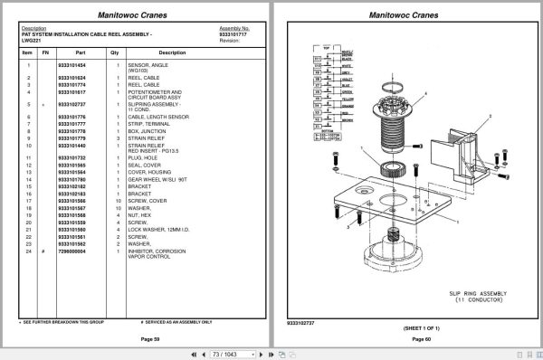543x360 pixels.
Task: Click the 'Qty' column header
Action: (115, 52)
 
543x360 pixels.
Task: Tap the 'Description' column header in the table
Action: (172, 52)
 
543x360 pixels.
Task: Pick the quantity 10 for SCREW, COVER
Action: (118, 200)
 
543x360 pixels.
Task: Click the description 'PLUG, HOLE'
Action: (144, 158)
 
